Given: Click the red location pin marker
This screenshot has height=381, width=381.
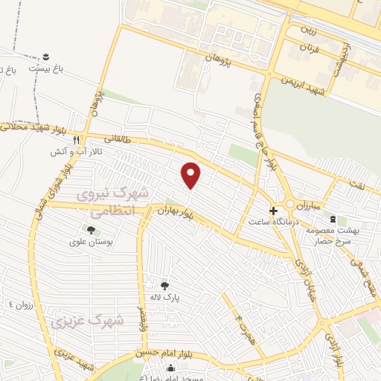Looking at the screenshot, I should pos(191,174).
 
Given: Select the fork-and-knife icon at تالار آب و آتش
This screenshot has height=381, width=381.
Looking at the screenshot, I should pos(87,139).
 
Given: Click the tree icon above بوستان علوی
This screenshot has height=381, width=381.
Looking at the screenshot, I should pos(92,230).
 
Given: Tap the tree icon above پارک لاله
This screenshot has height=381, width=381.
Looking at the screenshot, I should pos(164,285).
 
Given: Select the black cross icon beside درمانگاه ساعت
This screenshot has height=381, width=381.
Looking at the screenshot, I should pos(273,211).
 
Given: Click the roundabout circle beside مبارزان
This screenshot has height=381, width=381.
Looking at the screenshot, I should pos(288,204).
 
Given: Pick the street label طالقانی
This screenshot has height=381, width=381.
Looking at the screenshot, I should pos(119,138).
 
